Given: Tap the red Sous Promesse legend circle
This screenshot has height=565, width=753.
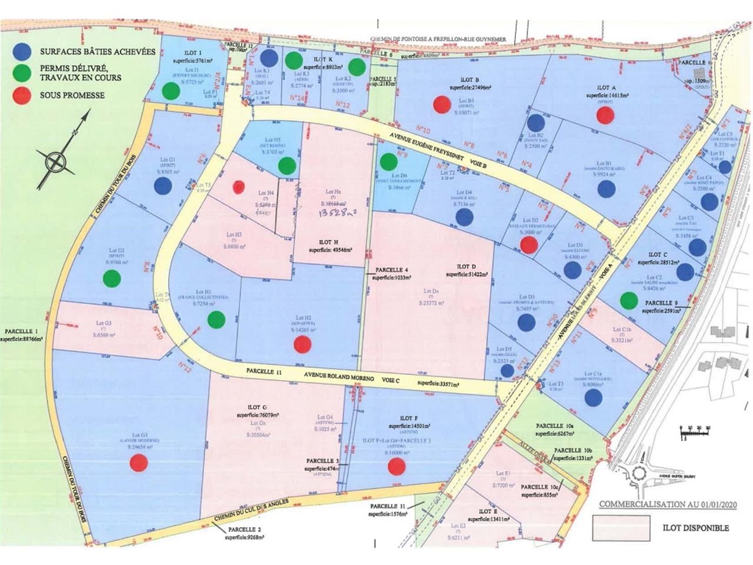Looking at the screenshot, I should (24, 96).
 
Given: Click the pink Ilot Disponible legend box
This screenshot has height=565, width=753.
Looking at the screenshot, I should (621, 528).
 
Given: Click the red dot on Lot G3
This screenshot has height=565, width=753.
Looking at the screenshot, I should (139, 463).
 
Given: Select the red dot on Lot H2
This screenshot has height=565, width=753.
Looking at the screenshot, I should (302, 344).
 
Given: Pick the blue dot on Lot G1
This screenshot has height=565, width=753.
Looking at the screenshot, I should (163, 186).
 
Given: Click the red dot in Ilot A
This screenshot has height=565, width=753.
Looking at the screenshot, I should (605, 115).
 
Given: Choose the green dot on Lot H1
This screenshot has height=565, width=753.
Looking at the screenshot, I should (216, 319).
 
